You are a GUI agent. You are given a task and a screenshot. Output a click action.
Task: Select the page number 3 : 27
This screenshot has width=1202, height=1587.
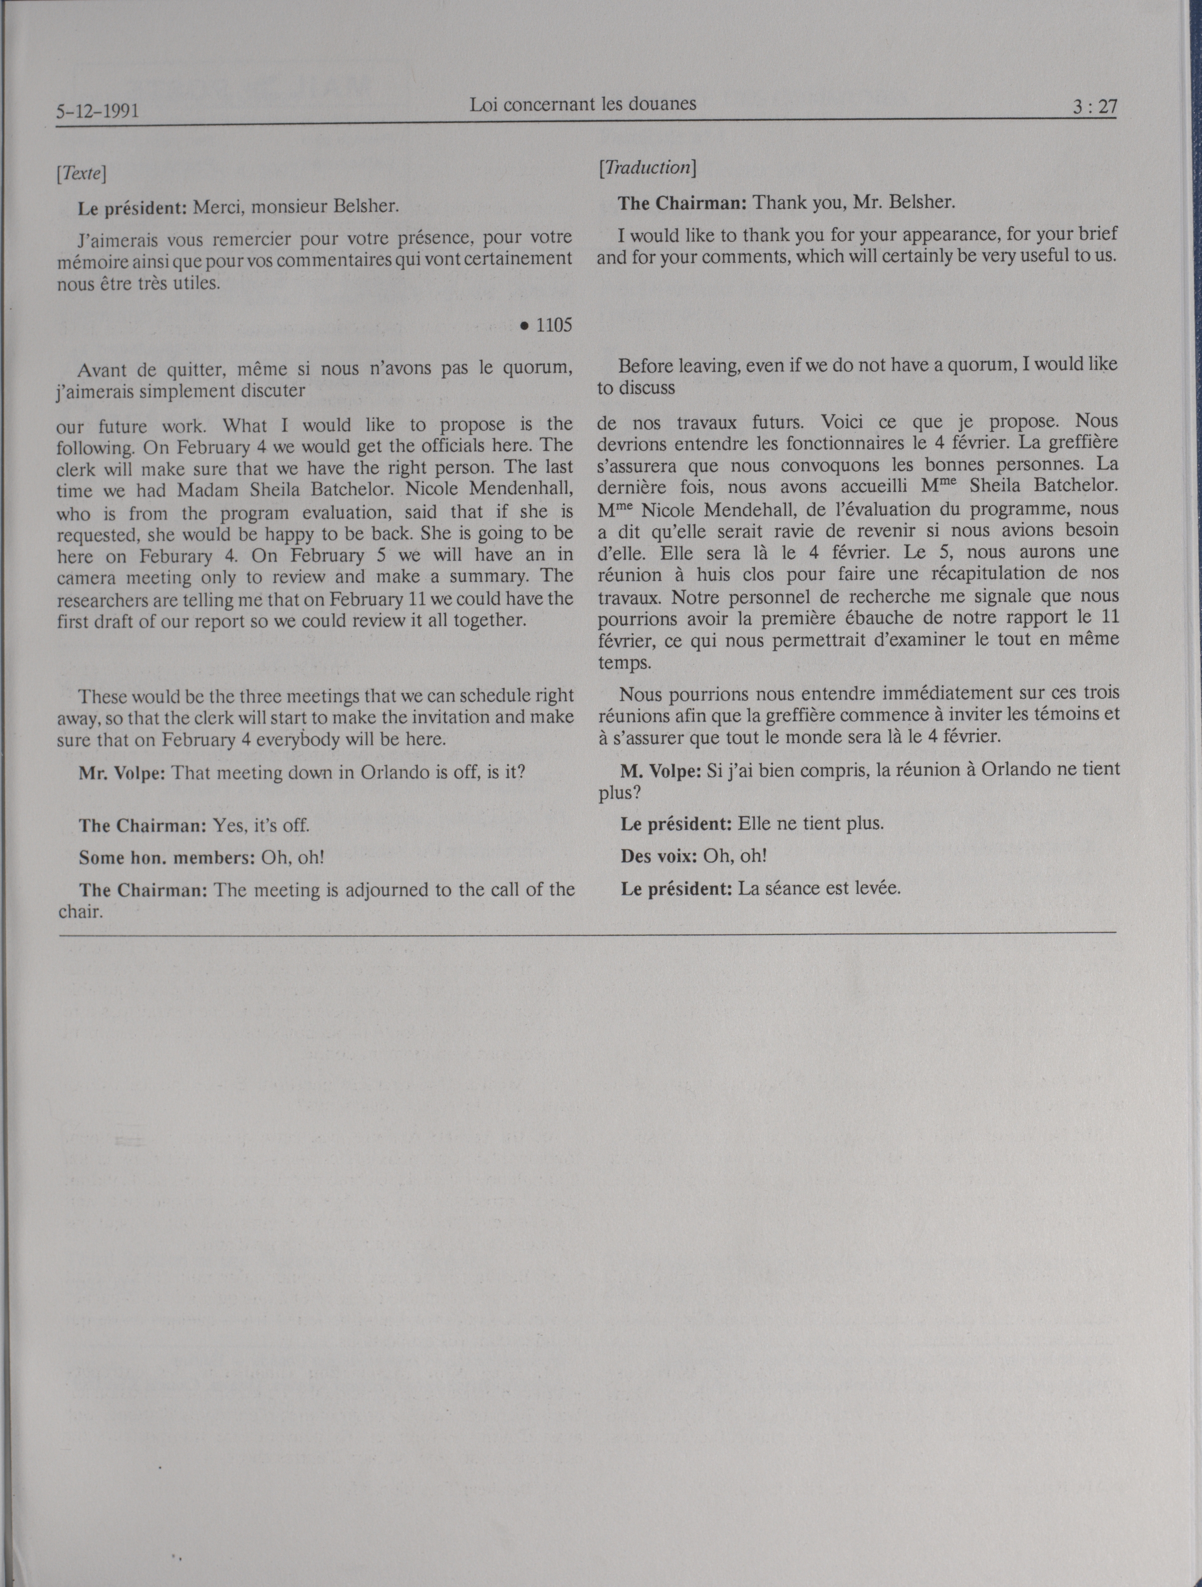(x=1094, y=107)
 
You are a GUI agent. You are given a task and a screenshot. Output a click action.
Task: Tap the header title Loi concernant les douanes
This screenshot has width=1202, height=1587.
(x=582, y=104)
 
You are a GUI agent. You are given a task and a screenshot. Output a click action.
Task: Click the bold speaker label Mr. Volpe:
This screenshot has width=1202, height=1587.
(x=123, y=773)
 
